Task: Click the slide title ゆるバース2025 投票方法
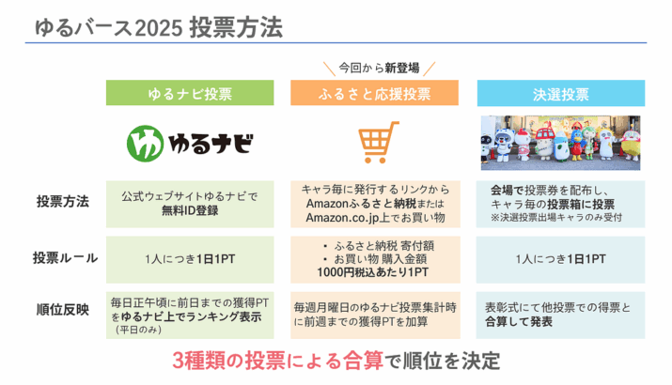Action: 159,27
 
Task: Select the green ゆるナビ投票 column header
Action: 190,93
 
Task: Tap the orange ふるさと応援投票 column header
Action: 375,93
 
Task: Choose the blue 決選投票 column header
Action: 561,93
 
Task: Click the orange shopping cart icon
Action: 377,142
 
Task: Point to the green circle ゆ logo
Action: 146,144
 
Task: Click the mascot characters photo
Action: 560,143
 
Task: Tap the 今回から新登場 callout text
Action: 379,68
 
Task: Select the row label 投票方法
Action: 63,201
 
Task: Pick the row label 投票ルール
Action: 65,258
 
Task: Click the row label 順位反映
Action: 63,310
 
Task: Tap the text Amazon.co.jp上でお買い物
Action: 375,218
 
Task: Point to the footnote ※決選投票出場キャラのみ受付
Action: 556,218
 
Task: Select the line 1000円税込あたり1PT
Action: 373,272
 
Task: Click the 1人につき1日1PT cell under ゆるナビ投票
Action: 190,259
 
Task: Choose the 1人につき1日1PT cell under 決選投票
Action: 560,259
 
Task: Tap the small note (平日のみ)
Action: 138,330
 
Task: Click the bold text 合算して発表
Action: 519,322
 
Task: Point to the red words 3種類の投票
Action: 228,361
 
